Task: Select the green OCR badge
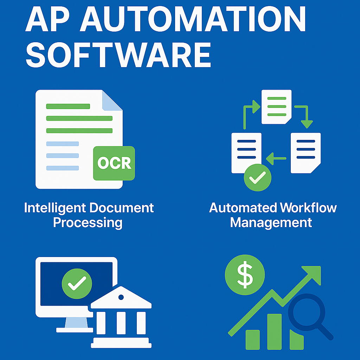pyautogui.click(x=114, y=163)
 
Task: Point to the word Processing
pyautogui.click(x=88, y=223)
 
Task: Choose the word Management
pyautogui.click(x=271, y=223)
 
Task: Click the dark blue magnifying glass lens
pyautogui.click(x=307, y=311)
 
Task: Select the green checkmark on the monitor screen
pyautogui.click(x=77, y=283)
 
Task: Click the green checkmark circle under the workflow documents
pyautogui.click(x=258, y=178)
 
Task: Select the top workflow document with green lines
pyautogui.click(x=276, y=107)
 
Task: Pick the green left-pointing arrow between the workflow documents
pyautogui.click(x=276, y=159)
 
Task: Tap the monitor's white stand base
pyautogui.click(x=75, y=330)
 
